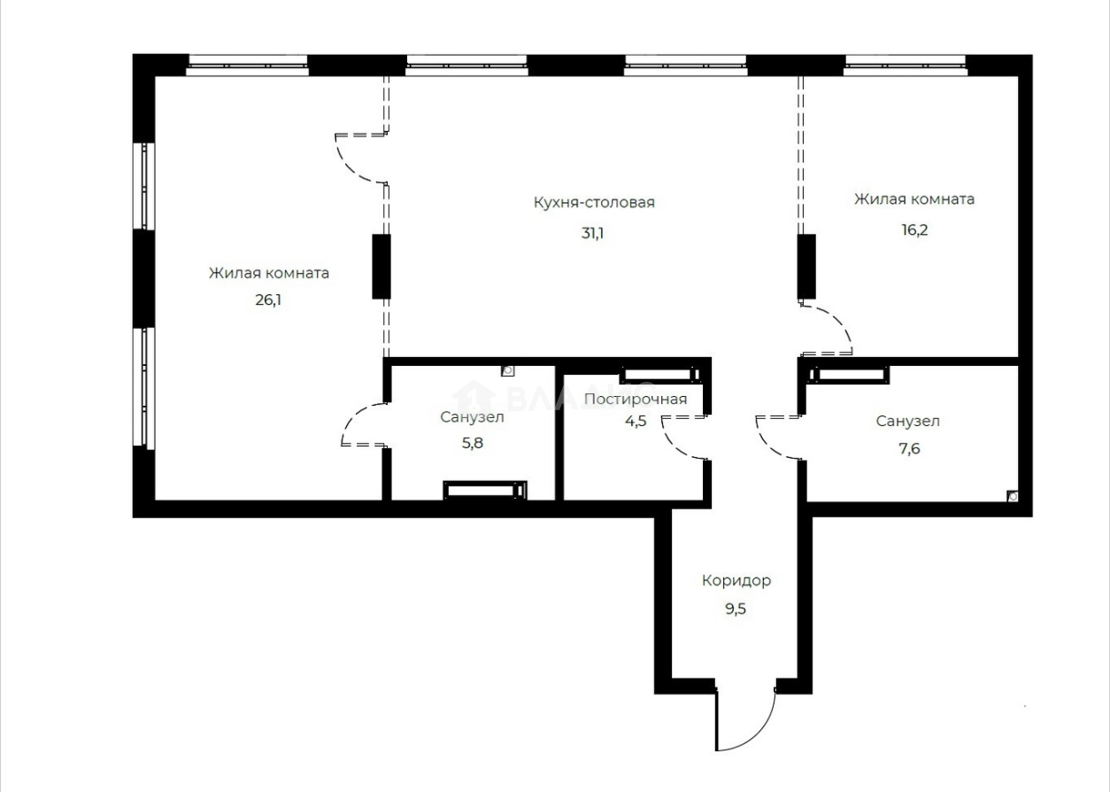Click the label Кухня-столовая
click(594, 203)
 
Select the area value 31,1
click(593, 234)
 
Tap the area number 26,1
click(268, 299)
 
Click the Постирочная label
click(636, 399)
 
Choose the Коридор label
click(736, 581)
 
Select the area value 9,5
click(736, 610)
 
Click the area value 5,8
click(473, 443)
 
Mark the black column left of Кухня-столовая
click(381, 266)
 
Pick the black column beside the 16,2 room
click(806, 266)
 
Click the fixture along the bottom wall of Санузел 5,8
click(484, 490)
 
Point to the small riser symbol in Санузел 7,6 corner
click(1013, 497)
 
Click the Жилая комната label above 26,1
click(268, 273)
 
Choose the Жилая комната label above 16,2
click(914, 199)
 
